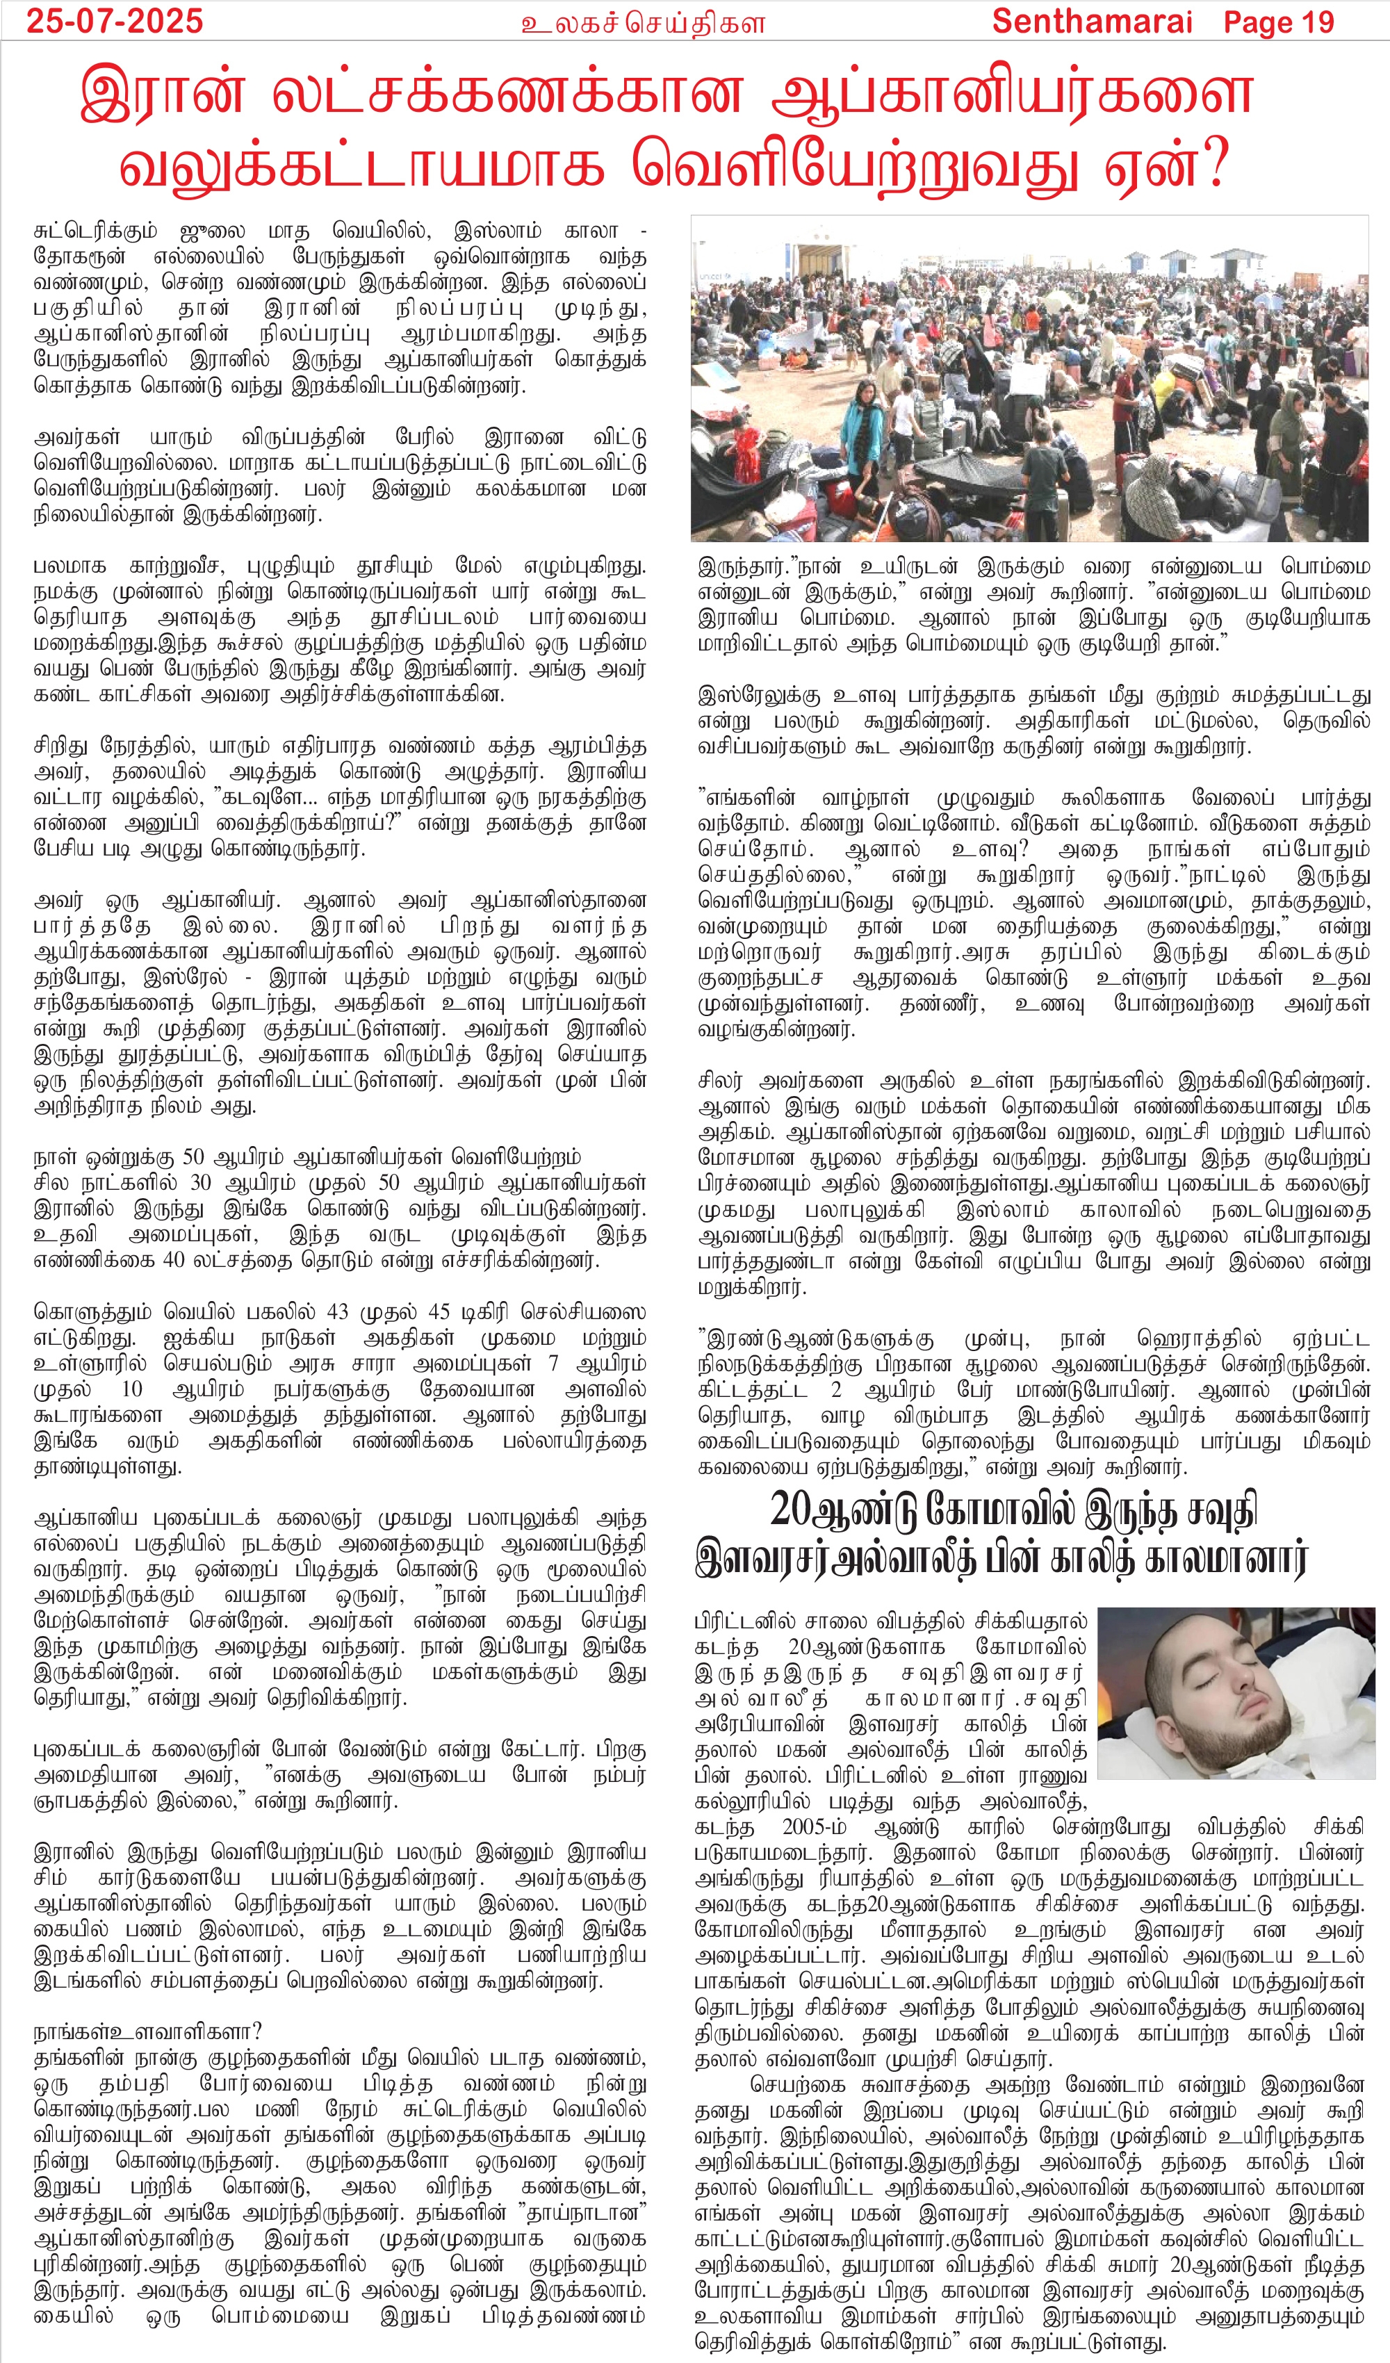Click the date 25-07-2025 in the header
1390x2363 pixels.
115,21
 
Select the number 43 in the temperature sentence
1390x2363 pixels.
336,1311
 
